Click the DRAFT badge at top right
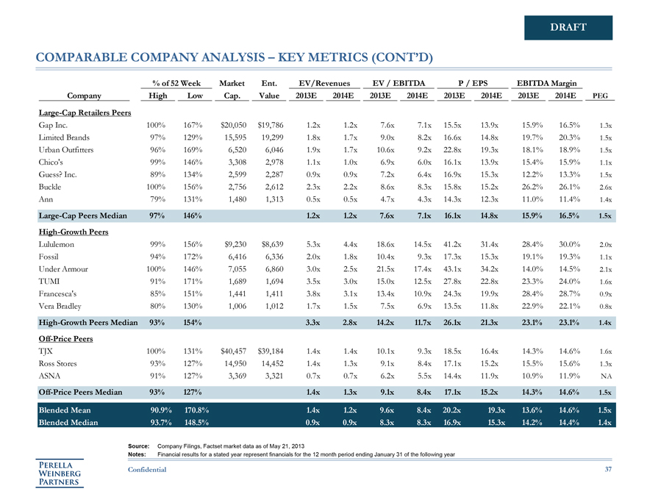pyautogui.click(x=568, y=28)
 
